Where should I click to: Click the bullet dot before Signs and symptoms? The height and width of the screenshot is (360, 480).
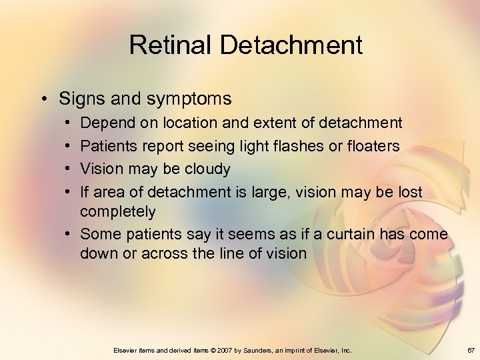click(43, 99)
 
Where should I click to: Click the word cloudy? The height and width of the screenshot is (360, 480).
click(207, 169)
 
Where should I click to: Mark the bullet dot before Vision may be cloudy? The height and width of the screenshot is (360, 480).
click(69, 169)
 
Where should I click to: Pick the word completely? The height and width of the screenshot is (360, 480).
click(117, 212)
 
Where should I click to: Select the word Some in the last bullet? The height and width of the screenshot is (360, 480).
click(97, 234)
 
